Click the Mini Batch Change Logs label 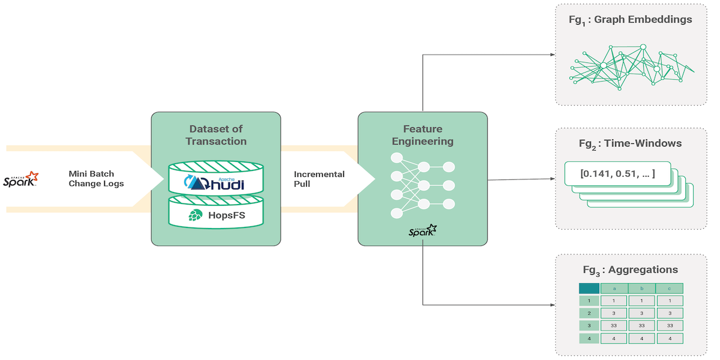pyautogui.click(x=96, y=179)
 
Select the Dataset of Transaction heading pyautogui.click(x=216, y=135)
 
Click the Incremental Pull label pyautogui.click(x=319, y=179)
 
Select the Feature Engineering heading pyautogui.click(x=422, y=135)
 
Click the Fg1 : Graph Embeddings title pyautogui.click(x=630, y=20)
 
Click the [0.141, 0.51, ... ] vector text pyautogui.click(x=617, y=174)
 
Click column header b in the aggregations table pyautogui.click(x=641, y=289)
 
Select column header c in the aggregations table pyautogui.click(x=669, y=289)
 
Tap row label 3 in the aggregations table pyautogui.click(x=589, y=326)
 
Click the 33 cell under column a pyautogui.click(x=614, y=326)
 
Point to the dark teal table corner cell pyautogui.click(x=589, y=289)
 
